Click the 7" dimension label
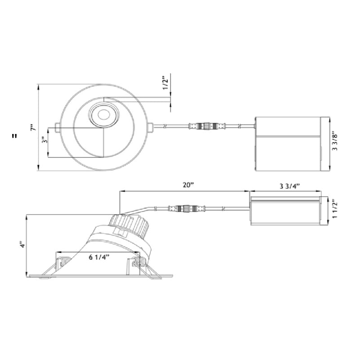point(33,127)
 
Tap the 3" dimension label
point(45,140)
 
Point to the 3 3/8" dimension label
point(335,142)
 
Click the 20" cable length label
point(189,185)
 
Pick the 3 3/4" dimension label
point(290,186)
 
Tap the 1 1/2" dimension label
point(335,210)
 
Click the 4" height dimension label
point(22,244)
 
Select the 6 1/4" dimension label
point(99,257)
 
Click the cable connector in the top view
point(207,126)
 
